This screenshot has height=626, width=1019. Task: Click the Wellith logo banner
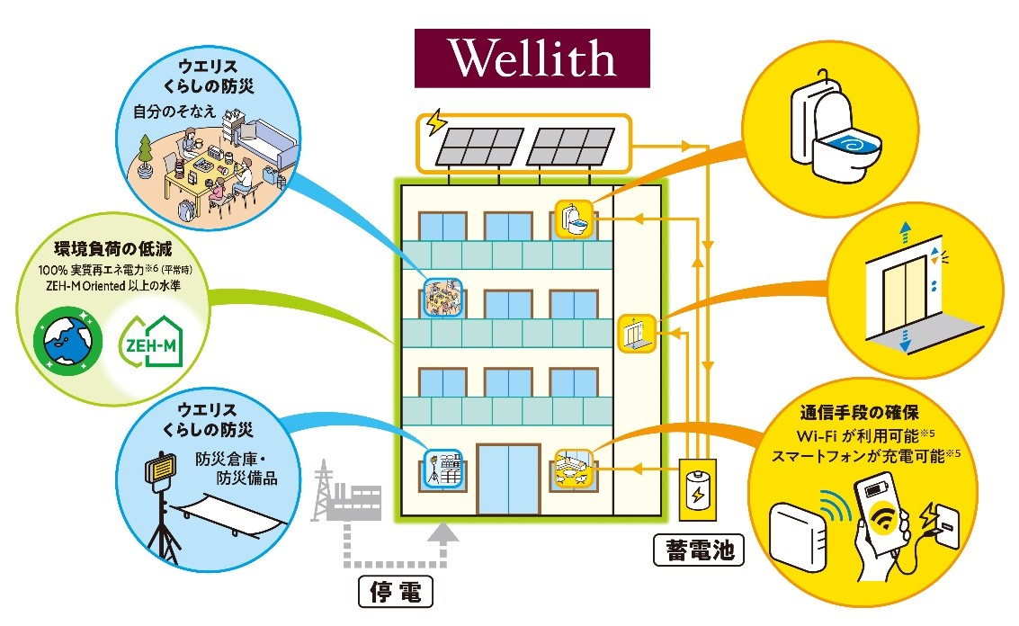[532, 58]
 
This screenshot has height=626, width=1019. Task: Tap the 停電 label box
[395, 592]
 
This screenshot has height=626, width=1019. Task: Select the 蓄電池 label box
[699, 550]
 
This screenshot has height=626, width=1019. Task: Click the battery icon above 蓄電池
[697, 493]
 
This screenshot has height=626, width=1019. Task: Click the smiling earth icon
[62, 343]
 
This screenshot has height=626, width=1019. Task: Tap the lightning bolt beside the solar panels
[438, 123]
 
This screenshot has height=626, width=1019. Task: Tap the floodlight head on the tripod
[161, 469]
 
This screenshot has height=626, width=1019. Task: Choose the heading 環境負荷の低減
[112, 249]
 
